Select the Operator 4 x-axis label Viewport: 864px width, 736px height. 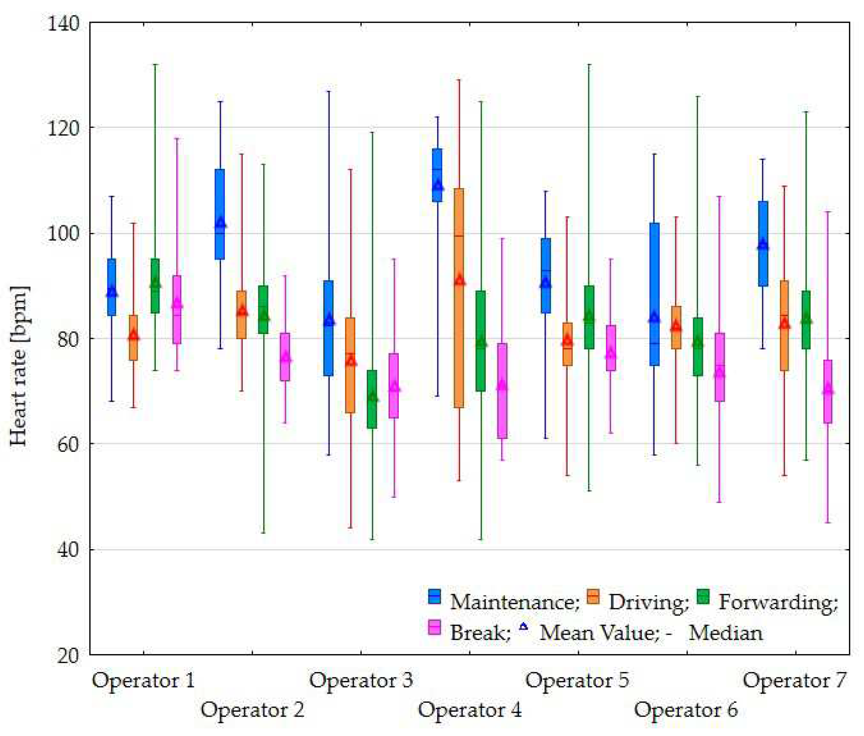point(470,709)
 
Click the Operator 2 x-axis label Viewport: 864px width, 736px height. point(253,709)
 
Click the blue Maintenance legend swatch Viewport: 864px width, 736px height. point(434,596)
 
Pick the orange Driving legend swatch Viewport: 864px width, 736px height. point(593,596)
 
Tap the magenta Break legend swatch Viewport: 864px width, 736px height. point(434,627)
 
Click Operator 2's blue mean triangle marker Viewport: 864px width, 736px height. point(220,223)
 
